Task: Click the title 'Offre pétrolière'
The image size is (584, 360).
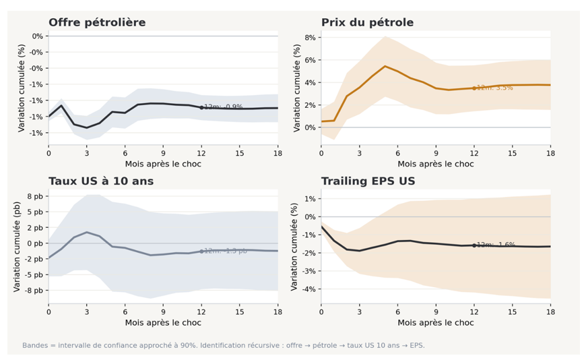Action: pos(97,23)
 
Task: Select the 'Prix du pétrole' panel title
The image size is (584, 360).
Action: pos(367,23)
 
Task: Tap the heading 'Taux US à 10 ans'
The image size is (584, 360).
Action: pos(101,181)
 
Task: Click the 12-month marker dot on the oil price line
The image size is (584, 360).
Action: pos(474,88)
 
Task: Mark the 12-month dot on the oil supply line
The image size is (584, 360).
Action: pos(201,107)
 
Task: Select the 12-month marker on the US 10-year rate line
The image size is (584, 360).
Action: pos(201,251)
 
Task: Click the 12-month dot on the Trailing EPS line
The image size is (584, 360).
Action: pos(474,245)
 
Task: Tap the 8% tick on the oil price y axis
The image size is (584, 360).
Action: pos(308,37)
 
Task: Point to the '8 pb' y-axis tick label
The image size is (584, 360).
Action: pos(35,196)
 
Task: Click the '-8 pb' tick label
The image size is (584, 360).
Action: pos(34,291)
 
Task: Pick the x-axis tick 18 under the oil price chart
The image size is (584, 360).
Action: pos(550,153)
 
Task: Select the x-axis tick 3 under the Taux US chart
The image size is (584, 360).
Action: pos(87,311)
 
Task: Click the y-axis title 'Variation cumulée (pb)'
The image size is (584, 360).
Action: pos(18,245)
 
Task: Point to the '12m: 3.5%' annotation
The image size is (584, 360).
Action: pos(495,88)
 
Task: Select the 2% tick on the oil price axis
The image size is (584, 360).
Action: pos(308,104)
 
